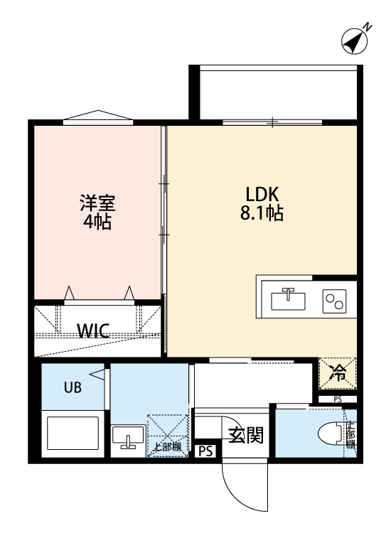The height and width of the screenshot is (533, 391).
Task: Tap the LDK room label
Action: pyautogui.click(x=264, y=193)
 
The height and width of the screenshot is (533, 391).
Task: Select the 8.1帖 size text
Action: pyautogui.click(x=264, y=212)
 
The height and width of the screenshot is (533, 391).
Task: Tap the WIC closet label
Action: pyautogui.click(x=93, y=330)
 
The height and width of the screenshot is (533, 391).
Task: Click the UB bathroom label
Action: pyautogui.click(x=73, y=387)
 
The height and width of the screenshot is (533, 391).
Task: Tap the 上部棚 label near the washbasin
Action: pyautogui.click(x=168, y=446)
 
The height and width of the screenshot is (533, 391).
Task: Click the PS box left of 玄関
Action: pyautogui.click(x=205, y=451)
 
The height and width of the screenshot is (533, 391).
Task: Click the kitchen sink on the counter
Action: pyautogui.click(x=288, y=298)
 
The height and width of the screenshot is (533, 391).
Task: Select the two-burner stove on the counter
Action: pyautogui.click(x=334, y=299)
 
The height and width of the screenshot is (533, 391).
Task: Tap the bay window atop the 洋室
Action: pyautogui.click(x=97, y=117)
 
